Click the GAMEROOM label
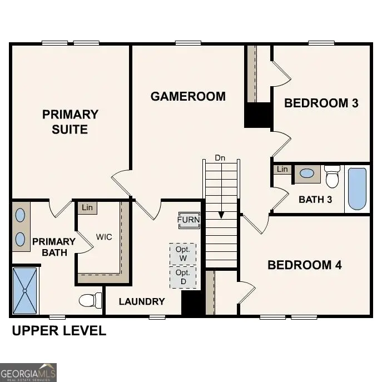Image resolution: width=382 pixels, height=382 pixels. point(188,96)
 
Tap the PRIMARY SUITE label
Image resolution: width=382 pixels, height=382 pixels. point(70,122)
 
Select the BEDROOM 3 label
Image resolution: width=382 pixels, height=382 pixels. point(321,103)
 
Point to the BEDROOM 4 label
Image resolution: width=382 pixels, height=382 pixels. point(304,265)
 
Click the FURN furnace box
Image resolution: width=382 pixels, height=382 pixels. point(188,220)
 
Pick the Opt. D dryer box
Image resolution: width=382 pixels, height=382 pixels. point(182,277)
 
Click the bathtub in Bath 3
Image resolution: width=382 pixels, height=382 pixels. point(357,188)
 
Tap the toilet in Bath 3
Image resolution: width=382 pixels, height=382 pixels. point(333,177)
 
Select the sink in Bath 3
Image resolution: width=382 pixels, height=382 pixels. point(306,173)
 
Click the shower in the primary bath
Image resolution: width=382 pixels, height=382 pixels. point(25,290)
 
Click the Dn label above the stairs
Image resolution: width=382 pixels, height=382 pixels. point(221,158)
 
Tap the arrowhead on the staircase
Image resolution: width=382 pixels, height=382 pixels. point(221,214)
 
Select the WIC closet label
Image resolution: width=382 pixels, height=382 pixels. point(104,237)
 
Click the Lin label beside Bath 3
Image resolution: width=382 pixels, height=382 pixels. point(282,169)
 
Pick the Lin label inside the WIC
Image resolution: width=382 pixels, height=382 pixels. point(87,207)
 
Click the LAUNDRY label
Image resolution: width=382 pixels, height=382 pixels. point(142,301)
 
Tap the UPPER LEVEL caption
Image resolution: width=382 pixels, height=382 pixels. point(59,331)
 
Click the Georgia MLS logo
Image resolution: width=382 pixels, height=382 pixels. point(28,372)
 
